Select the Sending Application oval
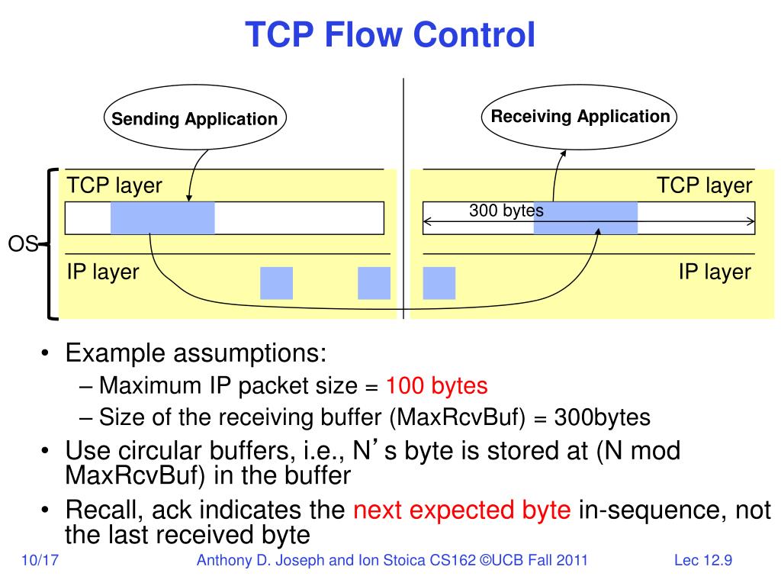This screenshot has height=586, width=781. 194,120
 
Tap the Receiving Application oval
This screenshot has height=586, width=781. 580,117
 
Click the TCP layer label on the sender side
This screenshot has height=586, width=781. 114,185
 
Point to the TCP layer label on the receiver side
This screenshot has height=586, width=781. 704,185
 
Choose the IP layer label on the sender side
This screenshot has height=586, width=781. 103,272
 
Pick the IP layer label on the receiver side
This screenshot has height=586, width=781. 715,272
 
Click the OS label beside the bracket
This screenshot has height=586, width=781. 23,244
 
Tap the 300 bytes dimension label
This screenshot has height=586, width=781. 506,211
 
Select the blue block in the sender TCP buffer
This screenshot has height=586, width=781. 162,217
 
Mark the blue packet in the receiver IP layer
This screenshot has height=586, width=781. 439,283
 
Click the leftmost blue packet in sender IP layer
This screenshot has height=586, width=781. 276,283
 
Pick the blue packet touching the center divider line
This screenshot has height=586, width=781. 374,283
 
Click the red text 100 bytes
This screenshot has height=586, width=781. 436,386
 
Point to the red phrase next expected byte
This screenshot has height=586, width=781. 461,510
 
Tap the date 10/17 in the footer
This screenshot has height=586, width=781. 41,562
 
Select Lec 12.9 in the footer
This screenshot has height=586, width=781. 702,562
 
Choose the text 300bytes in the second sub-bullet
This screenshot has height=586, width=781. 602,418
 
